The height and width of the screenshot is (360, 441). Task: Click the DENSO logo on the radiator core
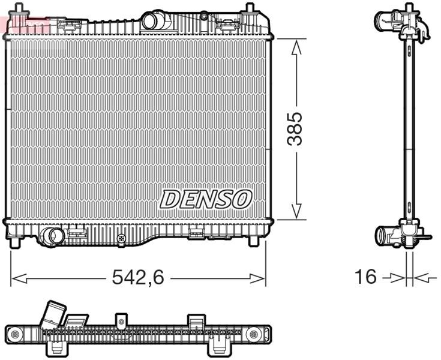(x=205, y=199)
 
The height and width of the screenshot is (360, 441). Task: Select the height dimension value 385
(x=295, y=128)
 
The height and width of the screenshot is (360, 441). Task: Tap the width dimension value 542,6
(x=138, y=277)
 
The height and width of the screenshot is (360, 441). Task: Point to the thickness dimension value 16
(x=365, y=277)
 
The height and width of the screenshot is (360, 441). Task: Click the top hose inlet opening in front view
(x=150, y=22)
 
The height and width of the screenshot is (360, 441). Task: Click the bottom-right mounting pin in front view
(x=253, y=241)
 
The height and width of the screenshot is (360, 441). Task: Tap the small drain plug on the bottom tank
(x=122, y=238)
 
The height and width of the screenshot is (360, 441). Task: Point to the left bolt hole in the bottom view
(x=15, y=334)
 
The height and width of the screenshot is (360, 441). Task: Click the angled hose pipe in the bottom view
(x=52, y=314)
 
